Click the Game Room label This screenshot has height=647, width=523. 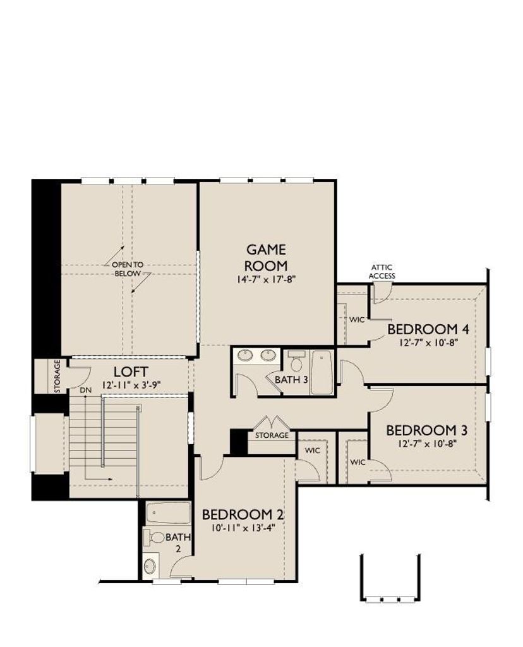tap(266, 257)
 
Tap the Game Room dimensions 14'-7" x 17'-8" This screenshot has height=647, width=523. tap(266, 280)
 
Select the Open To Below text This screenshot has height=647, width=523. tap(128, 269)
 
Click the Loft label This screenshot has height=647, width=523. tap(130, 372)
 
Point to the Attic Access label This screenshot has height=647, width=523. tap(382, 272)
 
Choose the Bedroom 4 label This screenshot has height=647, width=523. tap(428, 329)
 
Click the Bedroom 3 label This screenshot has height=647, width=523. tap(426, 430)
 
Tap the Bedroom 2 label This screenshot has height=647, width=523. tap(243, 514)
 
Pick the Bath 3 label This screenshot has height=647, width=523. tap(291, 380)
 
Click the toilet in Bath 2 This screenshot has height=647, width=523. tap(154, 537)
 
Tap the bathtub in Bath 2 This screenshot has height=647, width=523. tap(168, 513)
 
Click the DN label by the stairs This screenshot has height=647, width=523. tap(85, 390)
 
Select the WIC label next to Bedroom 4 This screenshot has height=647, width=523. tap(357, 320)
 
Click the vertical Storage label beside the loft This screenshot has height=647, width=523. tap(57, 376)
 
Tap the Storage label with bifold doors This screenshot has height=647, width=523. tap(272, 435)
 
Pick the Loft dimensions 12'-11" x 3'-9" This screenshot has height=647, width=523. tap(131, 385)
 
